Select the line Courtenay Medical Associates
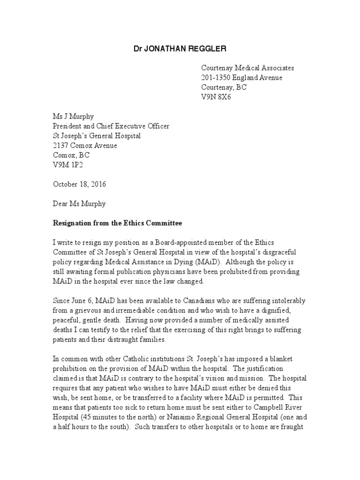click(247, 68)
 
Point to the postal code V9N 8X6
click(216, 97)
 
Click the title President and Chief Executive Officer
click(111, 126)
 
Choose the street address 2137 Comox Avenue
click(84, 145)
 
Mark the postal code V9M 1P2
click(66, 165)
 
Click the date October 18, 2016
click(79, 184)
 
